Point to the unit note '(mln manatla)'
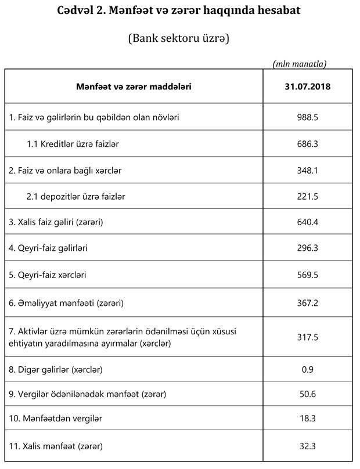[x=299, y=63]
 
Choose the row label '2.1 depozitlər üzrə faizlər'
[x=75, y=197]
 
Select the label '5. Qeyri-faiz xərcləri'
[x=51, y=275]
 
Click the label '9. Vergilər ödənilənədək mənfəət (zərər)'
[x=88, y=394]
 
